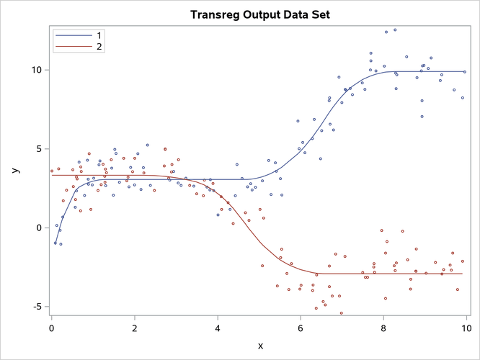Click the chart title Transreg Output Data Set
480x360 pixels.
(x=259, y=14)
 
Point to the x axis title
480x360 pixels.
(x=259, y=346)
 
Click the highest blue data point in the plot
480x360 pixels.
(x=395, y=30)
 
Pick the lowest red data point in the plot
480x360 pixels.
(x=342, y=313)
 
